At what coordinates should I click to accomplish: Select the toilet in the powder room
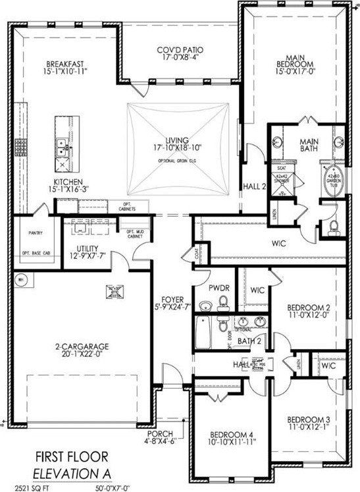click(224, 302)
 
